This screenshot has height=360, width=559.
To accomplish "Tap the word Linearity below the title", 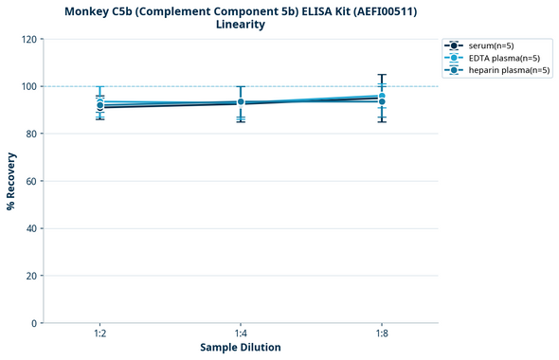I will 241,25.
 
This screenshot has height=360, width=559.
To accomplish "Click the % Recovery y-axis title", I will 11,181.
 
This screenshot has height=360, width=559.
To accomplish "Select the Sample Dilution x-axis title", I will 241,347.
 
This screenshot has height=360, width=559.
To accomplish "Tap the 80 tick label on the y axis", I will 30,134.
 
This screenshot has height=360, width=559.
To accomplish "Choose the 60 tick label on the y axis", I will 30,181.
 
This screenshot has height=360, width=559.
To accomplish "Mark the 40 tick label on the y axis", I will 30,228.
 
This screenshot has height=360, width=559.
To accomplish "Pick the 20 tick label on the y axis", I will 30,276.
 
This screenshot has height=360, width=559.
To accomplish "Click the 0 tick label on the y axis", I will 33,323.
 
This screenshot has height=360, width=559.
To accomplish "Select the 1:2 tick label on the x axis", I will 99,333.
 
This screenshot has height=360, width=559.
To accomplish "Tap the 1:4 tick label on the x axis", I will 241,333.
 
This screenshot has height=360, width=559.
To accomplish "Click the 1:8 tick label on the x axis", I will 382,333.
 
